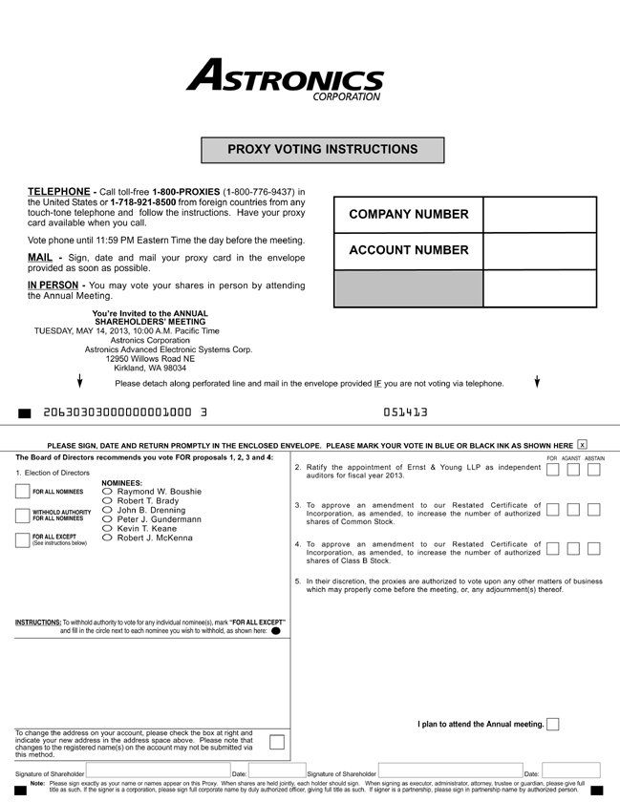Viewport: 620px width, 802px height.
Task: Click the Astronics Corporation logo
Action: tap(285, 78)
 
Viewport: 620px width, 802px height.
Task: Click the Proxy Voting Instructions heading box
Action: tap(322, 150)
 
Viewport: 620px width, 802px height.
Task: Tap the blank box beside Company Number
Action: tap(539, 215)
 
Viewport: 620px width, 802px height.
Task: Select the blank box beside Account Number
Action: tap(539, 251)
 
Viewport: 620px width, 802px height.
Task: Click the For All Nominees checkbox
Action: tap(23, 492)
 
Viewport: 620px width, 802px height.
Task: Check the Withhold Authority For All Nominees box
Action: tap(23, 516)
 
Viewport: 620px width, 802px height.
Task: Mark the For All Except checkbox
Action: tap(23, 539)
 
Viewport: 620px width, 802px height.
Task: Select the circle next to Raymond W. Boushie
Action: tap(108, 492)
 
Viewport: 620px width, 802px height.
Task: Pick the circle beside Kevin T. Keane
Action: tap(108, 529)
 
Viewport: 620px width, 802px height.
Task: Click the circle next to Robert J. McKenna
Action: tap(108, 538)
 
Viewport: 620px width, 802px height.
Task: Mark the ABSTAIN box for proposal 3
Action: tap(594, 509)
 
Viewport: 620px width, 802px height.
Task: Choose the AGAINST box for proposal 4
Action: tap(573, 548)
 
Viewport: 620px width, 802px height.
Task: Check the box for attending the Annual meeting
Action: tap(553, 724)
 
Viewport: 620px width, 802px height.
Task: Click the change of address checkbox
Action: tap(277, 742)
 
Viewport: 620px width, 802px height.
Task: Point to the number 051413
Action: tap(405, 412)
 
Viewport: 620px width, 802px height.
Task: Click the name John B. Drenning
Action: tap(151, 510)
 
